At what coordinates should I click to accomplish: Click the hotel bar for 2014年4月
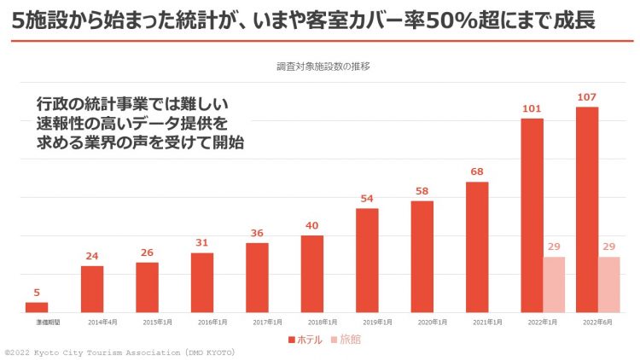tap(92, 290)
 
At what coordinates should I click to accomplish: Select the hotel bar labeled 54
tap(367, 261)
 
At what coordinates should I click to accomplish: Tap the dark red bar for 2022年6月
tap(587, 210)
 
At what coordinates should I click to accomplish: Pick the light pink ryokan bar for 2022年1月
tap(554, 285)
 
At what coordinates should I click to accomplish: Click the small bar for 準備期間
tap(37, 308)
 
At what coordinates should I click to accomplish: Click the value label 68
tap(477, 171)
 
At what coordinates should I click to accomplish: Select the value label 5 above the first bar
tap(37, 293)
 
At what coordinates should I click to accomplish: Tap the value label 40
tap(312, 225)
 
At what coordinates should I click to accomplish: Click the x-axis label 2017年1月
tap(257, 323)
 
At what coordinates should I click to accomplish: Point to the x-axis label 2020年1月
tap(422, 323)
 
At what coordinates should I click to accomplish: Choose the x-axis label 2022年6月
tap(587, 323)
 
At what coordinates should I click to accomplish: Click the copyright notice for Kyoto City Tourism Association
tap(119, 352)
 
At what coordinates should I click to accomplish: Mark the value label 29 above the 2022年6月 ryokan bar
tap(608, 247)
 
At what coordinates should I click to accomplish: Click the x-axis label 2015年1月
tap(147, 323)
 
